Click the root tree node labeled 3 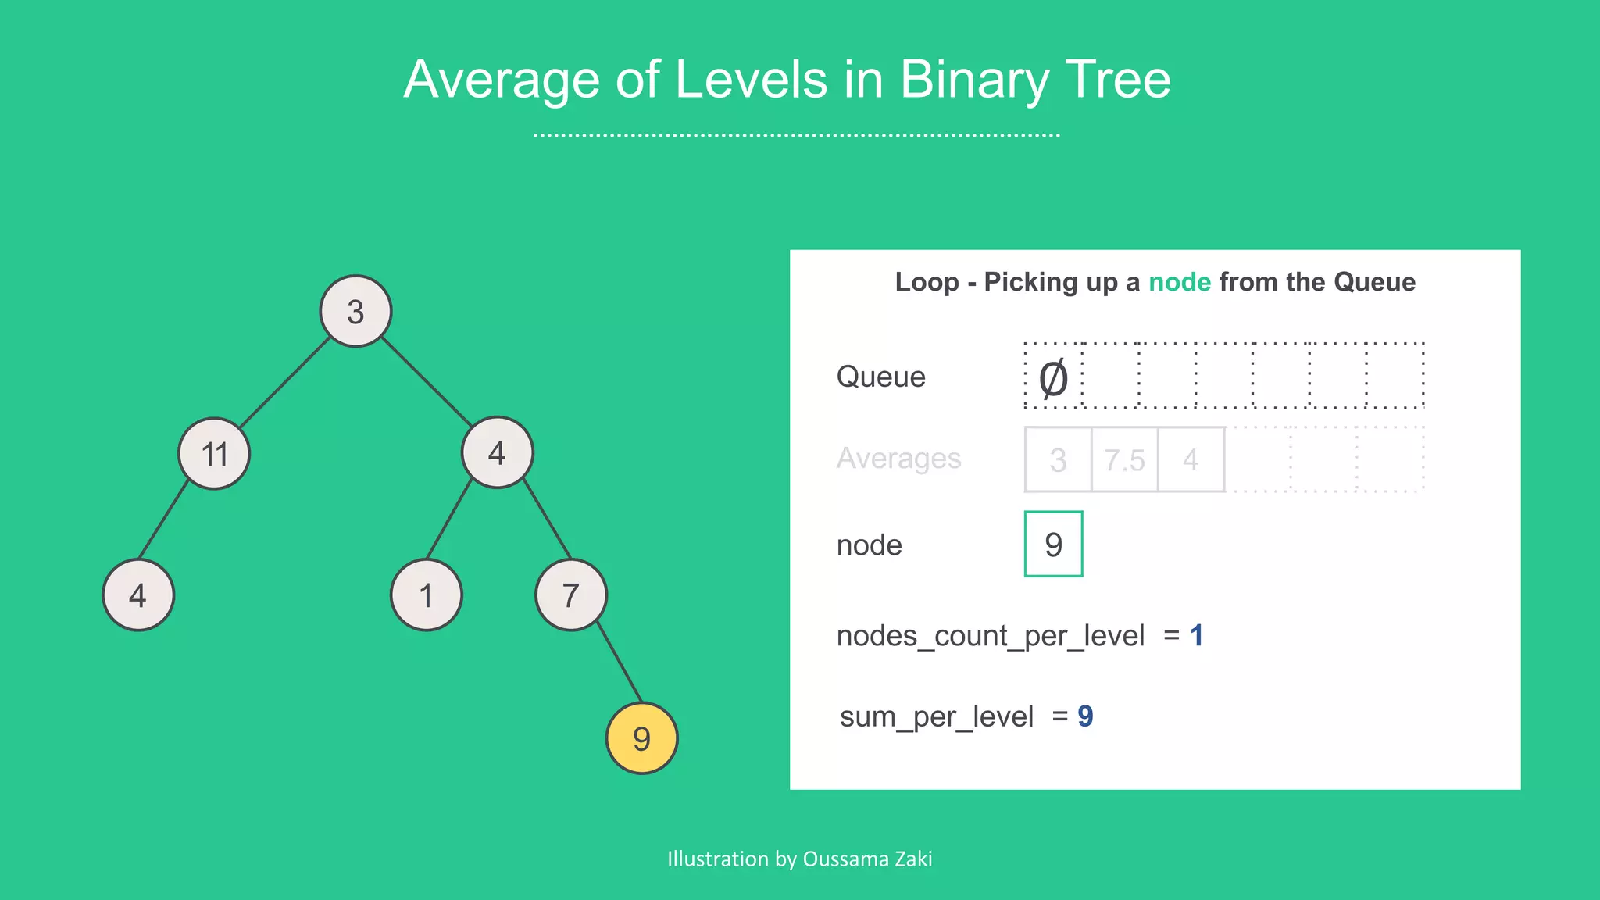(355, 311)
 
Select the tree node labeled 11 (214, 453)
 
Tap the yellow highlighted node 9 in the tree (641, 738)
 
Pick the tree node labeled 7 (571, 595)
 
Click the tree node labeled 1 (426, 595)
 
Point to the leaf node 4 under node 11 (138, 595)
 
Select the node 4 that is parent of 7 (497, 452)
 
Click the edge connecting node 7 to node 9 (620, 664)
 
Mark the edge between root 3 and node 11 (285, 382)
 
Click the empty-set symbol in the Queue (1053, 377)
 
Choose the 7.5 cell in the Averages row (1124, 459)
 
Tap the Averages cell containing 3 (1058, 459)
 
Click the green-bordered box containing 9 (1053, 544)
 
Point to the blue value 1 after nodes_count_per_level (1196, 635)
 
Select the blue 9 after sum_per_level (1085, 716)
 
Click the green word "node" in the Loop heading (1179, 282)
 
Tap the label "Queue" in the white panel (880, 377)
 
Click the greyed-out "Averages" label (898, 458)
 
